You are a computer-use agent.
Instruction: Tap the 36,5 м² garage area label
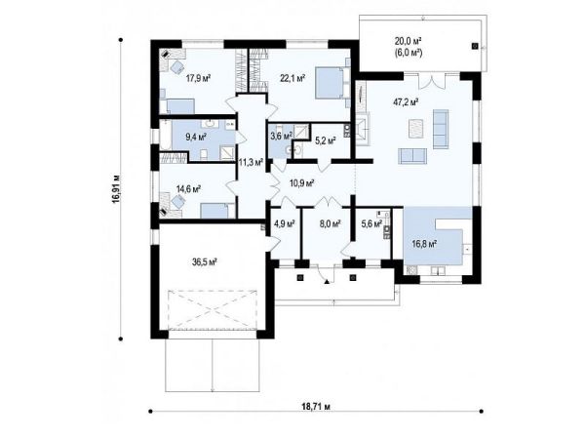point(205,262)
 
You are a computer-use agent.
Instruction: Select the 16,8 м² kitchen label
point(424,244)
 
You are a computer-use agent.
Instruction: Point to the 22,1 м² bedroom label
point(292,78)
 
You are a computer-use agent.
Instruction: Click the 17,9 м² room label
point(199,78)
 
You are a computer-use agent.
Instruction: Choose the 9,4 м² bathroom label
point(196,137)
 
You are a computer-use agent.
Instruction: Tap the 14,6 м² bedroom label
point(189,189)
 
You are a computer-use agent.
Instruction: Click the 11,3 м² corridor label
point(251,162)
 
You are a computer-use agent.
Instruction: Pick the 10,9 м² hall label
point(302,183)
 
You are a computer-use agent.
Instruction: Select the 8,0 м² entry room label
point(331,224)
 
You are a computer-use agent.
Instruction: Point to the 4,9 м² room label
point(285,224)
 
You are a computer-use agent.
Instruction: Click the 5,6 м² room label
point(371,224)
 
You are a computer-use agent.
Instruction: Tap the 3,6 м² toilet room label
point(282,136)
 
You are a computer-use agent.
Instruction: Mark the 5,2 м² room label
point(326,140)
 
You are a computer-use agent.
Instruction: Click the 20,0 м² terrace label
point(409,40)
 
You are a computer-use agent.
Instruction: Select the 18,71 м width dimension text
point(315,407)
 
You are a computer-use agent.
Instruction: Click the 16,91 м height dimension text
point(117,189)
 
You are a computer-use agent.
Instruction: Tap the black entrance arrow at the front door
point(328,282)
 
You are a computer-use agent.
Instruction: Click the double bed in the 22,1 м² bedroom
point(331,83)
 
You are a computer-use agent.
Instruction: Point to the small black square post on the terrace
point(475,46)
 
